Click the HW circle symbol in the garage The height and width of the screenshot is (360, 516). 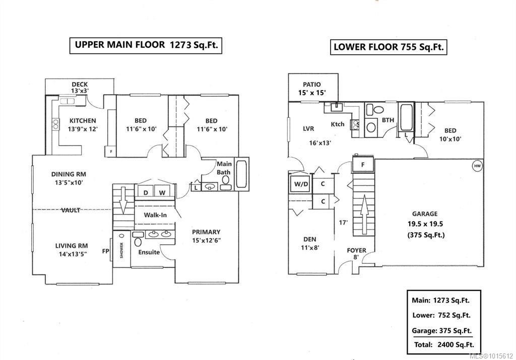click(x=477, y=166)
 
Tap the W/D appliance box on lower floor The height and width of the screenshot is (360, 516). click(x=299, y=183)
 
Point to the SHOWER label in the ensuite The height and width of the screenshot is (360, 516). click(x=121, y=250)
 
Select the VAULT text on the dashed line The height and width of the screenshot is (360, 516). click(x=71, y=210)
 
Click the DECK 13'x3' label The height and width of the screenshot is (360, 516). click(x=80, y=88)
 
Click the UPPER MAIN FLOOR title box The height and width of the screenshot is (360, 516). click(x=146, y=44)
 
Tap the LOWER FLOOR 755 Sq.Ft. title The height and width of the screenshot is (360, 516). click(x=389, y=47)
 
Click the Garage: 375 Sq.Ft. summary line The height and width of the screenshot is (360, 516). click(x=442, y=331)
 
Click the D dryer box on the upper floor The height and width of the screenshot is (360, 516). click(x=146, y=192)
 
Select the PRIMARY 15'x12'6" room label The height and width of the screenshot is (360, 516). click(x=206, y=236)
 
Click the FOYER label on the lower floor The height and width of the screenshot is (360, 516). click(x=356, y=250)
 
